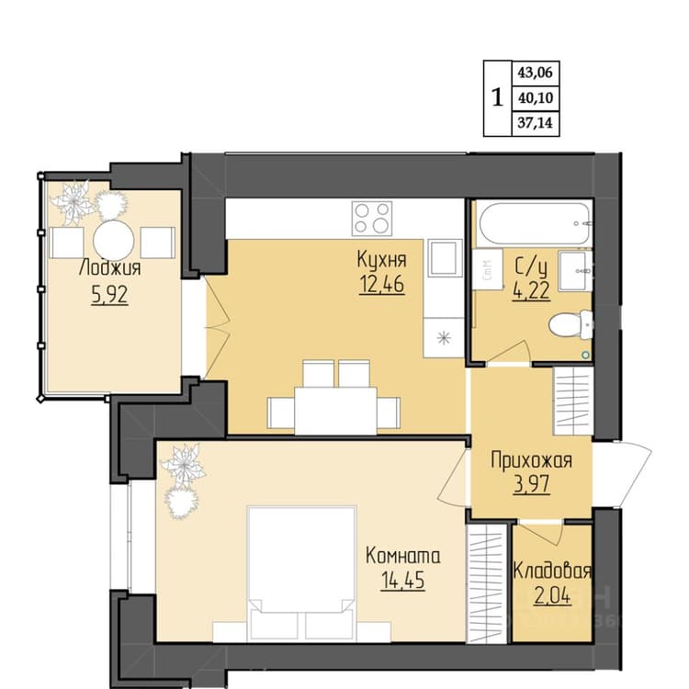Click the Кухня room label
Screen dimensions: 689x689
(381, 259)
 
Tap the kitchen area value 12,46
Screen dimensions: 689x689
(382, 284)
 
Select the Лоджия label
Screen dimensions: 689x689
(110, 267)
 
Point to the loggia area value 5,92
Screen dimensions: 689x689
(110, 294)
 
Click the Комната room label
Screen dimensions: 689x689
(403, 556)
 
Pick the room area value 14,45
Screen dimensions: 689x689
(403, 580)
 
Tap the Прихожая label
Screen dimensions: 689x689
(532, 460)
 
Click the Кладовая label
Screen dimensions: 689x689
(552, 570)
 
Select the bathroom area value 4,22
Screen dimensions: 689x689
(531, 290)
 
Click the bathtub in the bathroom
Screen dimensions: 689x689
(535, 223)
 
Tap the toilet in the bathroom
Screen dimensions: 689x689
(570, 324)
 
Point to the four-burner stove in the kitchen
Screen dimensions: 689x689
(372, 219)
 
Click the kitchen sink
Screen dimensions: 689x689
(446, 258)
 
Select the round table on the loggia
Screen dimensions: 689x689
(114, 241)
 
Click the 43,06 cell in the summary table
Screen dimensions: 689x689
(536, 73)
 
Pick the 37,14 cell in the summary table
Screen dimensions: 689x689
(536, 122)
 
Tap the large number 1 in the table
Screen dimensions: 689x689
(497, 97)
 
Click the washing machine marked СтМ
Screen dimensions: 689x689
(487, 269)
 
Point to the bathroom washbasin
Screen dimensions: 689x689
(575, 271)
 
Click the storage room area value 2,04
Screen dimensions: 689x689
(552, 596)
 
